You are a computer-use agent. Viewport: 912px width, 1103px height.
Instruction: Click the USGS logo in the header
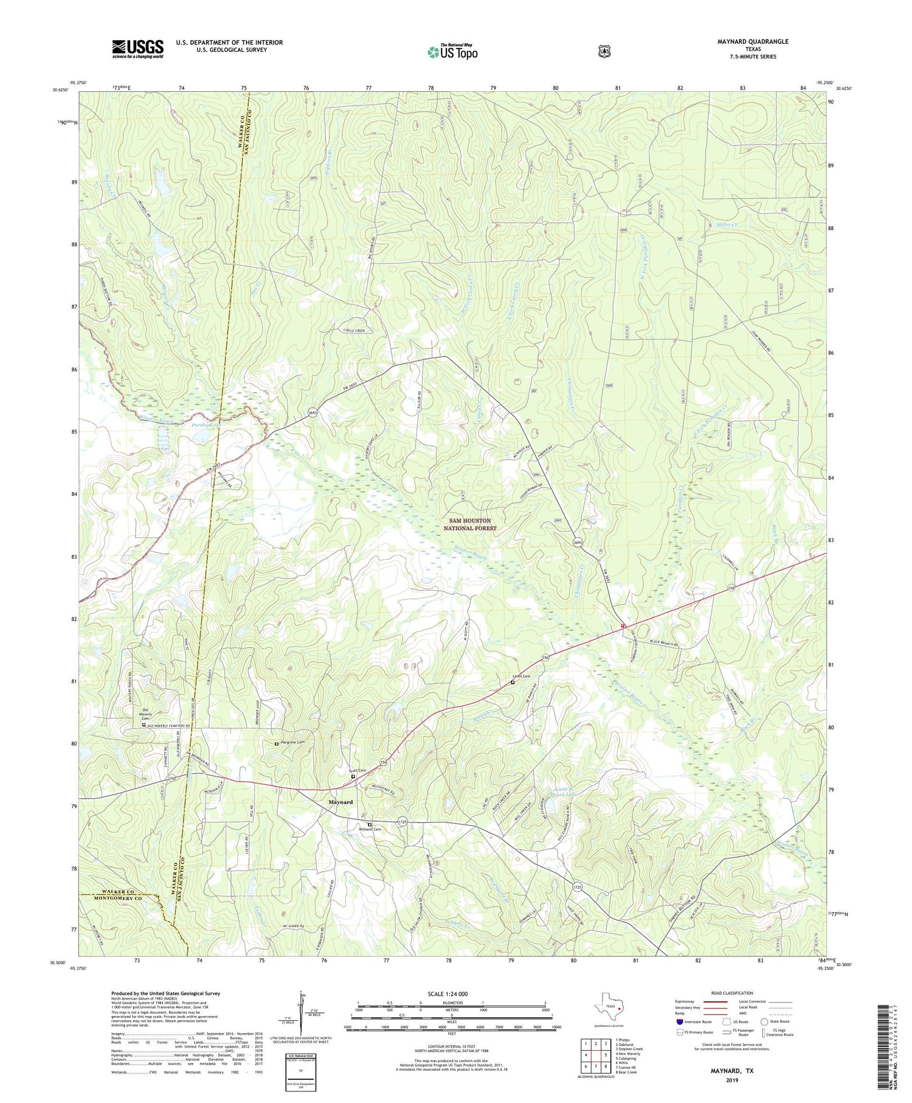[137, 49]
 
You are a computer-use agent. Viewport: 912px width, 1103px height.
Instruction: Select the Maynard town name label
[340, 802]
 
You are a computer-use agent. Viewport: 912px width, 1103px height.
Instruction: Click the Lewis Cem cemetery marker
[513, 683]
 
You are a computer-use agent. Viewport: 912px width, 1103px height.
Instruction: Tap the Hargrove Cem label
[292, 742]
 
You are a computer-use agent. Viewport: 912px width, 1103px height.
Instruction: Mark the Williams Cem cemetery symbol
[369, 825]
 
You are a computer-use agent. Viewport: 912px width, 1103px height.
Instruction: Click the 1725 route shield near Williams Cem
[402, 822]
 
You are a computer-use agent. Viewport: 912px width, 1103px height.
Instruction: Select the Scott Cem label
[357, 771]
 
